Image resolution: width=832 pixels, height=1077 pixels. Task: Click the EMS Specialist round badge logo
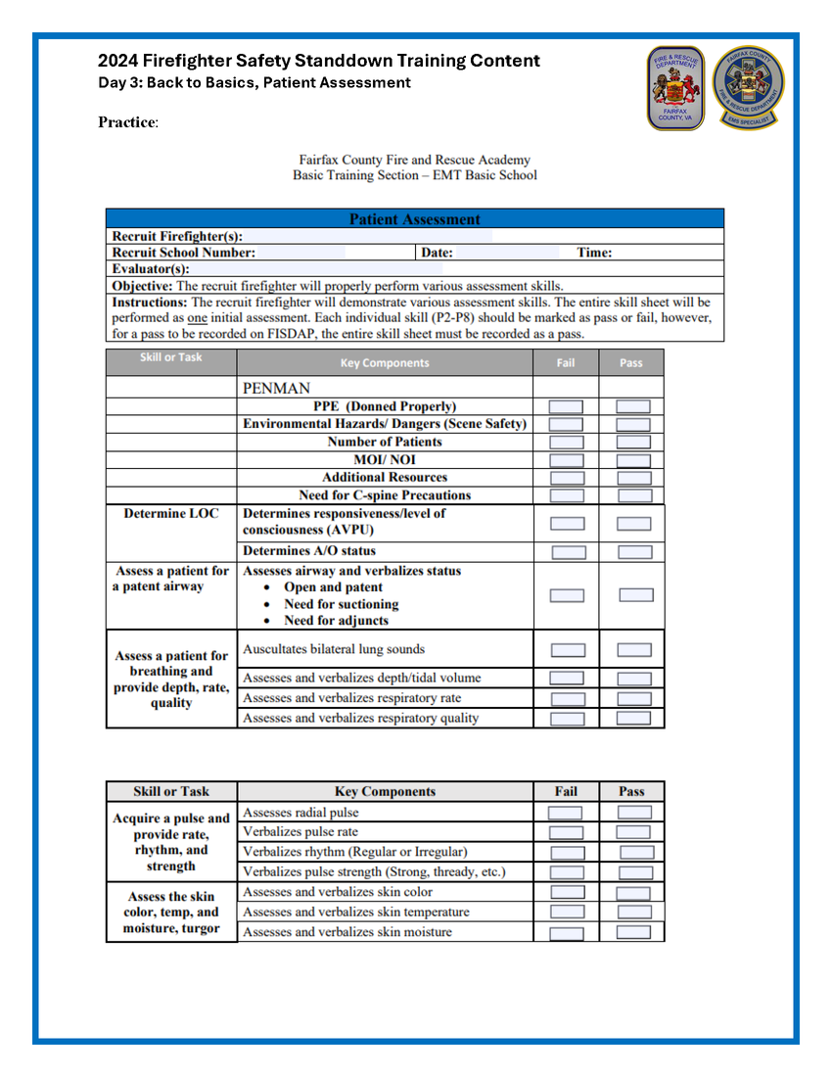click(749, 87)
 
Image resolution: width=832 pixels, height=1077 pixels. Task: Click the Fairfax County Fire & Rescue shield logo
click(675, 87)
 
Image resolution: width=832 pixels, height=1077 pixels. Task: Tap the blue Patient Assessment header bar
click(414, 219)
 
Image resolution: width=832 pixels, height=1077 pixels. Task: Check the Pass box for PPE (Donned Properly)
click(633, 406)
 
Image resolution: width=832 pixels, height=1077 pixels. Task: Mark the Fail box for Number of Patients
click(566, 443)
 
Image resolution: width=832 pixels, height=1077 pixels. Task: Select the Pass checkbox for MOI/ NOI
click(633, 460)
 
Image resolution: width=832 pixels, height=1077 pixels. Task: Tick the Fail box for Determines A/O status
click(568, 552)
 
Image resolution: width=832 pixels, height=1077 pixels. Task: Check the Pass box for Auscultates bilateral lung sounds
click(633, 649)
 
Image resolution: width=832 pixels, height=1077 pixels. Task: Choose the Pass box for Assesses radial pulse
click(633, 813)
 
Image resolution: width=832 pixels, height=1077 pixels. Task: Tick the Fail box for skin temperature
click(567, 913)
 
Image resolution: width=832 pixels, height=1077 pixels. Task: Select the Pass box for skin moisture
click(633, 933)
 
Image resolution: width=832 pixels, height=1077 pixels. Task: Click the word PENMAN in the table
click(277, 389)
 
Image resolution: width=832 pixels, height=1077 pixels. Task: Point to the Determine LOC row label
click(171, 513)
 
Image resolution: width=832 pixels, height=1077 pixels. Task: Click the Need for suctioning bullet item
click(341, 604)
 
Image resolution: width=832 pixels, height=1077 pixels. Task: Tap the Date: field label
click(437, 253)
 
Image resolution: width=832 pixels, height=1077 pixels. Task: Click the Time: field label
click(594, 253)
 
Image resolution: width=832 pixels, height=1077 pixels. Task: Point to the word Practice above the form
click(126, 122)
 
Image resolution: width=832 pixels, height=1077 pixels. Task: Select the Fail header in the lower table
click(566, 791)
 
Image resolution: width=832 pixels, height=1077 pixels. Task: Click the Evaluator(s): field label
click(151, 268)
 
